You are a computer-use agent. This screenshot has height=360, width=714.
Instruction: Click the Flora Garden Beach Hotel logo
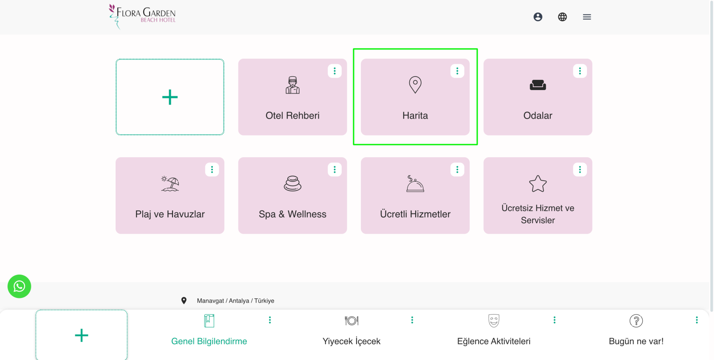[x=142, y=17]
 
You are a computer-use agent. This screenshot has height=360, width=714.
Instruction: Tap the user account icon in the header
[x=538, y=17]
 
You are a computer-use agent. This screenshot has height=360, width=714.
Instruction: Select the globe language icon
[x=562, y=17]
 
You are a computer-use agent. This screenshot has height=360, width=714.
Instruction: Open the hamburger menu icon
[x=587, y=17]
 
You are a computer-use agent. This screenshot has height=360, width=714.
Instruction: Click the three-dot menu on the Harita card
[x=457, y=71]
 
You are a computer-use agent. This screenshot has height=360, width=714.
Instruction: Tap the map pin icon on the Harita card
[x=415, y=85]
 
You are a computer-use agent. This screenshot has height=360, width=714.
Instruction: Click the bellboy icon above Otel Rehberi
[x=292, y=85]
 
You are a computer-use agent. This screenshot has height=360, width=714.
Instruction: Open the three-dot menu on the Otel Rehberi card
[x=334, y=71]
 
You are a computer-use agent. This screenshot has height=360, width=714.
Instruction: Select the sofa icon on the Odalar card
[x=538, y=85]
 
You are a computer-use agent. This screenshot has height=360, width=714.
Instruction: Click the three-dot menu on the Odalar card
[x=580, y=71]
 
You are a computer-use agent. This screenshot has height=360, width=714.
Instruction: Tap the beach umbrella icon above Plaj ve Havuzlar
[x=170, y=184]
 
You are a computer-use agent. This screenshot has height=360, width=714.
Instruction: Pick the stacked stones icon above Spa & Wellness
[x=292, y=184]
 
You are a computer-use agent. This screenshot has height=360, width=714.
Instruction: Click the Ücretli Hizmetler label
[x=415, y=214]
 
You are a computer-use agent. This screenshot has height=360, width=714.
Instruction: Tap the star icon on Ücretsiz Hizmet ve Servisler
[x=538, y=184]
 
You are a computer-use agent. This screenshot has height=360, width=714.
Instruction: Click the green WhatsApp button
[x=19, y=286]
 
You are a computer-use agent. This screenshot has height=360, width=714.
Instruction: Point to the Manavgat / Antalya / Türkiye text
[x=235, y=300]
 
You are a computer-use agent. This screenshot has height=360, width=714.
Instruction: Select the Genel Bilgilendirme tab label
[x=209, y=341]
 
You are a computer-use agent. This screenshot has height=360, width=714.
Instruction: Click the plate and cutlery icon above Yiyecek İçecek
[x=351, y=320]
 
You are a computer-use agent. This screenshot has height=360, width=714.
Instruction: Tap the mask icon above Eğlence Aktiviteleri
[x=494, y=320]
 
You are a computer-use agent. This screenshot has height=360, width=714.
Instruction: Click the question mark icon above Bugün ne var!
[x=636, y=321]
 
